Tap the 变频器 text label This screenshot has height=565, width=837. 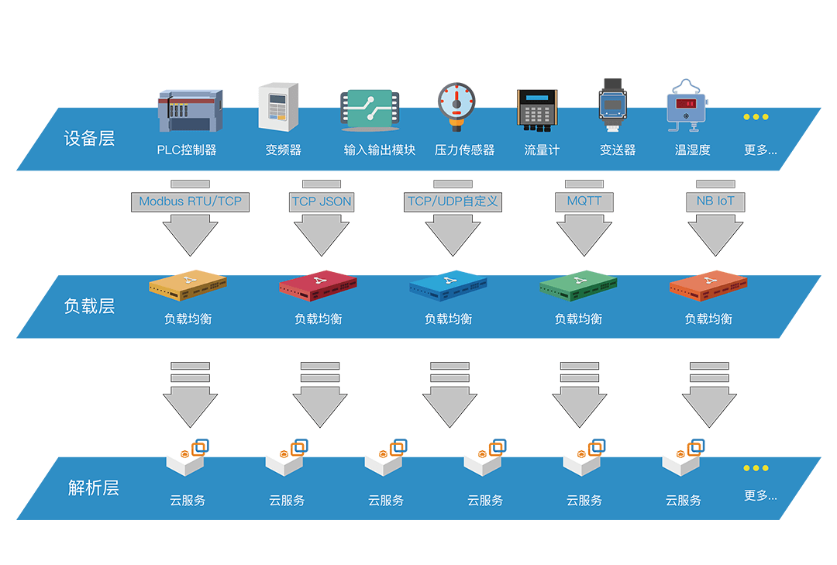(x=283, y=150)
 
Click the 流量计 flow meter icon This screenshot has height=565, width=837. (x=536, y=109)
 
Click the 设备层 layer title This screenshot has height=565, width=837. (x=89, y=139)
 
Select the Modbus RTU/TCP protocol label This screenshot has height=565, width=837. (x=190, y=202)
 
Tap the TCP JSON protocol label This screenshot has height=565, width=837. (x=321, y=202)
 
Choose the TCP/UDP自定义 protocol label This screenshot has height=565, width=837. (x=453, y=202)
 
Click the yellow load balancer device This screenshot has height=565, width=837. (x=188, y=286)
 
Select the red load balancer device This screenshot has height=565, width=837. (x=318, y=286)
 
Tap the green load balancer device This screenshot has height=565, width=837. (x=578, y=286)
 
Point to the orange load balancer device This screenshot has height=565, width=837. (x=708, y=286)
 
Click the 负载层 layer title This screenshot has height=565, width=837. (x=89, y=306)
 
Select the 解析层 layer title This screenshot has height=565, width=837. (x=93, y=488)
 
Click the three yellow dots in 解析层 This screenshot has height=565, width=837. (x=756, y=468)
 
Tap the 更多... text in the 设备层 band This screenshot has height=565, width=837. (x=760, y=150)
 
